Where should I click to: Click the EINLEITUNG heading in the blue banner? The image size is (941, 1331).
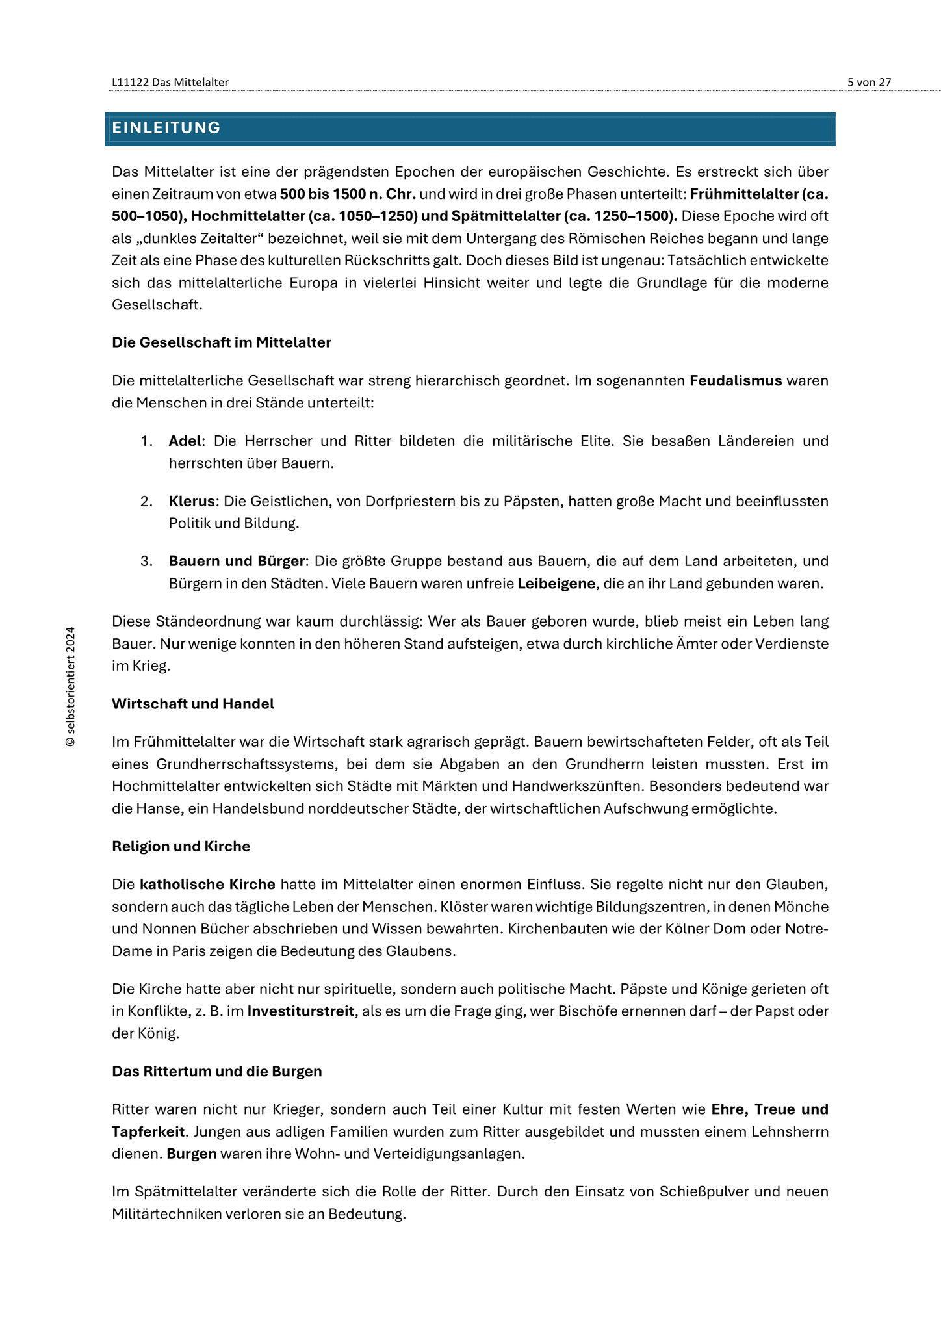click(166, 128)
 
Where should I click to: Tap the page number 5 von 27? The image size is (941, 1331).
click(869, 82)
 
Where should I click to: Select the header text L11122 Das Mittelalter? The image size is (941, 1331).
click(170, 82)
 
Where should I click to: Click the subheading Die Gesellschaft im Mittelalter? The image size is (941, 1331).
click(222, 342)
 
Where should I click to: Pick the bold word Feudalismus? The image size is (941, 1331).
click(736, 381)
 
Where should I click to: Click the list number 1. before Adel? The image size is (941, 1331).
click(146, 441)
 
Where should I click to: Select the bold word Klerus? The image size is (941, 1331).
click(192, 501)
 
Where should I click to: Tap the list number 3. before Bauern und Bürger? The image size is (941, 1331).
click(146, 561)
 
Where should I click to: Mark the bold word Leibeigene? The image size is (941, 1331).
click(556, 584)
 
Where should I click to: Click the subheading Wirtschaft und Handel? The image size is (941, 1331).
click(193, 704)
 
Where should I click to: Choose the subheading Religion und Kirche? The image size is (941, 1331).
click(181, 846)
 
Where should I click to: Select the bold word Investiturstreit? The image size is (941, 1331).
click(301, 1011)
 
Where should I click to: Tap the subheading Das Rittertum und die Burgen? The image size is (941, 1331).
click(217, 1071)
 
